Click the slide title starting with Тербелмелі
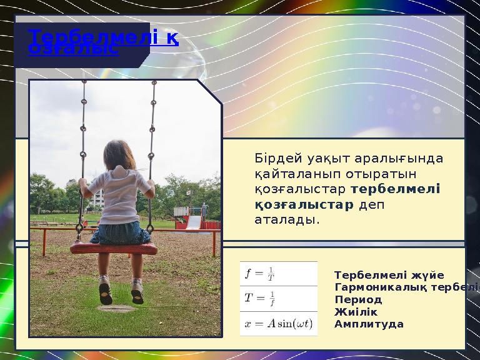coord(104,39)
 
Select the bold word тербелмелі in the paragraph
coord(396,188)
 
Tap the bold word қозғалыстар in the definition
coord(304,204)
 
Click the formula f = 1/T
coord(261,274)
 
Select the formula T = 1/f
coord(261,298)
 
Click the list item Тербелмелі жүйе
coord(389,275)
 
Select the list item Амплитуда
coord(369,324)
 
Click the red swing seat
coord(113,248)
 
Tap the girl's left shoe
coord(105,292)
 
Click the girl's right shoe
coord(137,291)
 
